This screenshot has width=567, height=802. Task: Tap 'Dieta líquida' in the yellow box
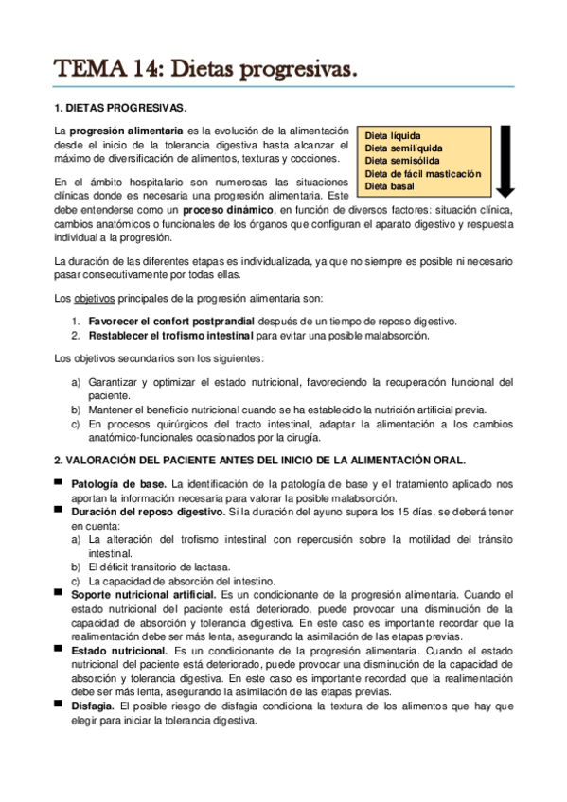point(393,136)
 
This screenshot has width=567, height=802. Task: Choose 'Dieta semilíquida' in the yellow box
point(402,148)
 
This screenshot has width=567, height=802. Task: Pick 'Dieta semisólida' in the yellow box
point(400,161)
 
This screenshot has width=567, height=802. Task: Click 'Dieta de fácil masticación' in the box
point(422,174)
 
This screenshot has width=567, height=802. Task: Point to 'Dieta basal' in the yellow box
point(389,186)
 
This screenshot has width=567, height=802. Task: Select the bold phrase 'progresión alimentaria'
point(122,130)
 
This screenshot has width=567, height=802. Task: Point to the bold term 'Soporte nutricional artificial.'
point(144,593)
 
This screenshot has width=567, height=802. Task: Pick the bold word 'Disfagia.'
point(92,706)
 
